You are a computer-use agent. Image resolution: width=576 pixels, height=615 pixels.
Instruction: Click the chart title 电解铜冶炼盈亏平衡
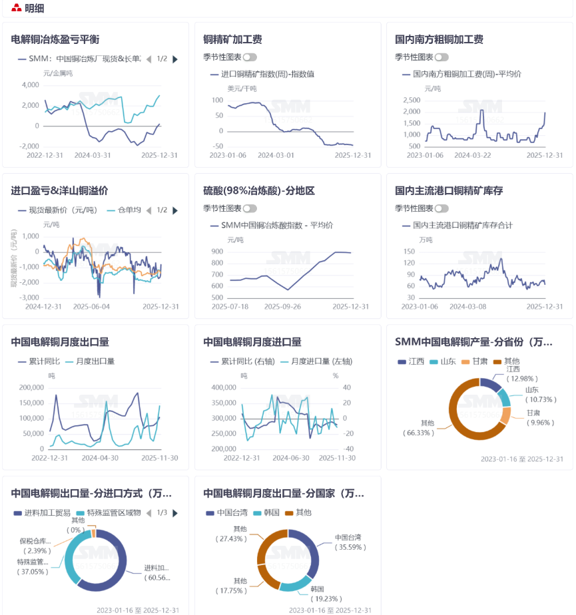pos(55,39)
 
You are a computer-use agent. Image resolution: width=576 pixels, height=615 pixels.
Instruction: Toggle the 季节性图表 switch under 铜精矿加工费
pos(250,57)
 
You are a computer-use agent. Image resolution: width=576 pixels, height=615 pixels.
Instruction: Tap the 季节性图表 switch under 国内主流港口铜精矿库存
pos(441,208)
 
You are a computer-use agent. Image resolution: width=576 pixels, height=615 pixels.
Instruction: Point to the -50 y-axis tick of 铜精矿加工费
pos(217,146)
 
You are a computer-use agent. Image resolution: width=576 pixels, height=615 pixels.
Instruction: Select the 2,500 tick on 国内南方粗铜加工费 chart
pos(411,100)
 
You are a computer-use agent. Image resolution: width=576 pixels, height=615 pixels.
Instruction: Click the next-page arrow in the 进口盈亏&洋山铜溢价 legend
pos(175,210)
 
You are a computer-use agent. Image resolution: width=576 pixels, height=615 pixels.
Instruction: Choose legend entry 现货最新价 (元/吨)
pos(63,210)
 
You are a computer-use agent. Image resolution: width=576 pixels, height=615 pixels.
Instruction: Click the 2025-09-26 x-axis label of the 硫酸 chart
pos(282,307)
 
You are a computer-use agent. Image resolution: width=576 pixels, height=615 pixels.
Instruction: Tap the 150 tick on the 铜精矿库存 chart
pos(409,252)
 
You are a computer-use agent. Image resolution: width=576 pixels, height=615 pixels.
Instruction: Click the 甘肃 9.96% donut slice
pos(505,415)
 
